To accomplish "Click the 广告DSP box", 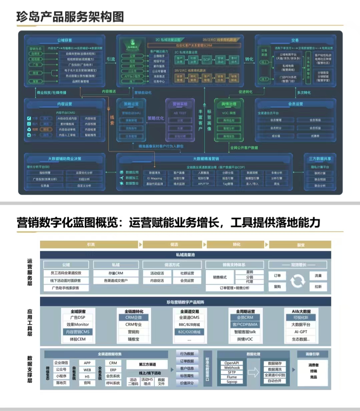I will click(77, 318).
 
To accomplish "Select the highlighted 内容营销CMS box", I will click(77, 332).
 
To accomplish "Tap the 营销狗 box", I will click(133, 332).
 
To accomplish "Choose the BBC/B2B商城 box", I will click(189, 325).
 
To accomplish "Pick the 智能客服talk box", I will click(245, 332).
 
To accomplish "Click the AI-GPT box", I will click(301, 332).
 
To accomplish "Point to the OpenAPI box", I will click(232, 363).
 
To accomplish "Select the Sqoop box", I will click(232, 382).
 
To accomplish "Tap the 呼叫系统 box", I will click(113, 383).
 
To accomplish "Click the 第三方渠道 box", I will click(147, 364).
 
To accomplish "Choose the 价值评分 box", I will click(187, 383).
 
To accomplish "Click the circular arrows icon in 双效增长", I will click(298, 281).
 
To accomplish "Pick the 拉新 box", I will click(318, 287).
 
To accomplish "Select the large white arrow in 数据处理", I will click(254, 372).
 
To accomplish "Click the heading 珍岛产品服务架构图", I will click(70, 17).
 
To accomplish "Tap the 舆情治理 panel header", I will click(229, 104).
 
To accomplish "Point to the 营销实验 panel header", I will click(180, 104).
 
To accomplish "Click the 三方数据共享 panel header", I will click(320, 159).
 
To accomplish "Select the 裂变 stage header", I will click(301, 245).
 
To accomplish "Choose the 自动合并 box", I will click(275, 381).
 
